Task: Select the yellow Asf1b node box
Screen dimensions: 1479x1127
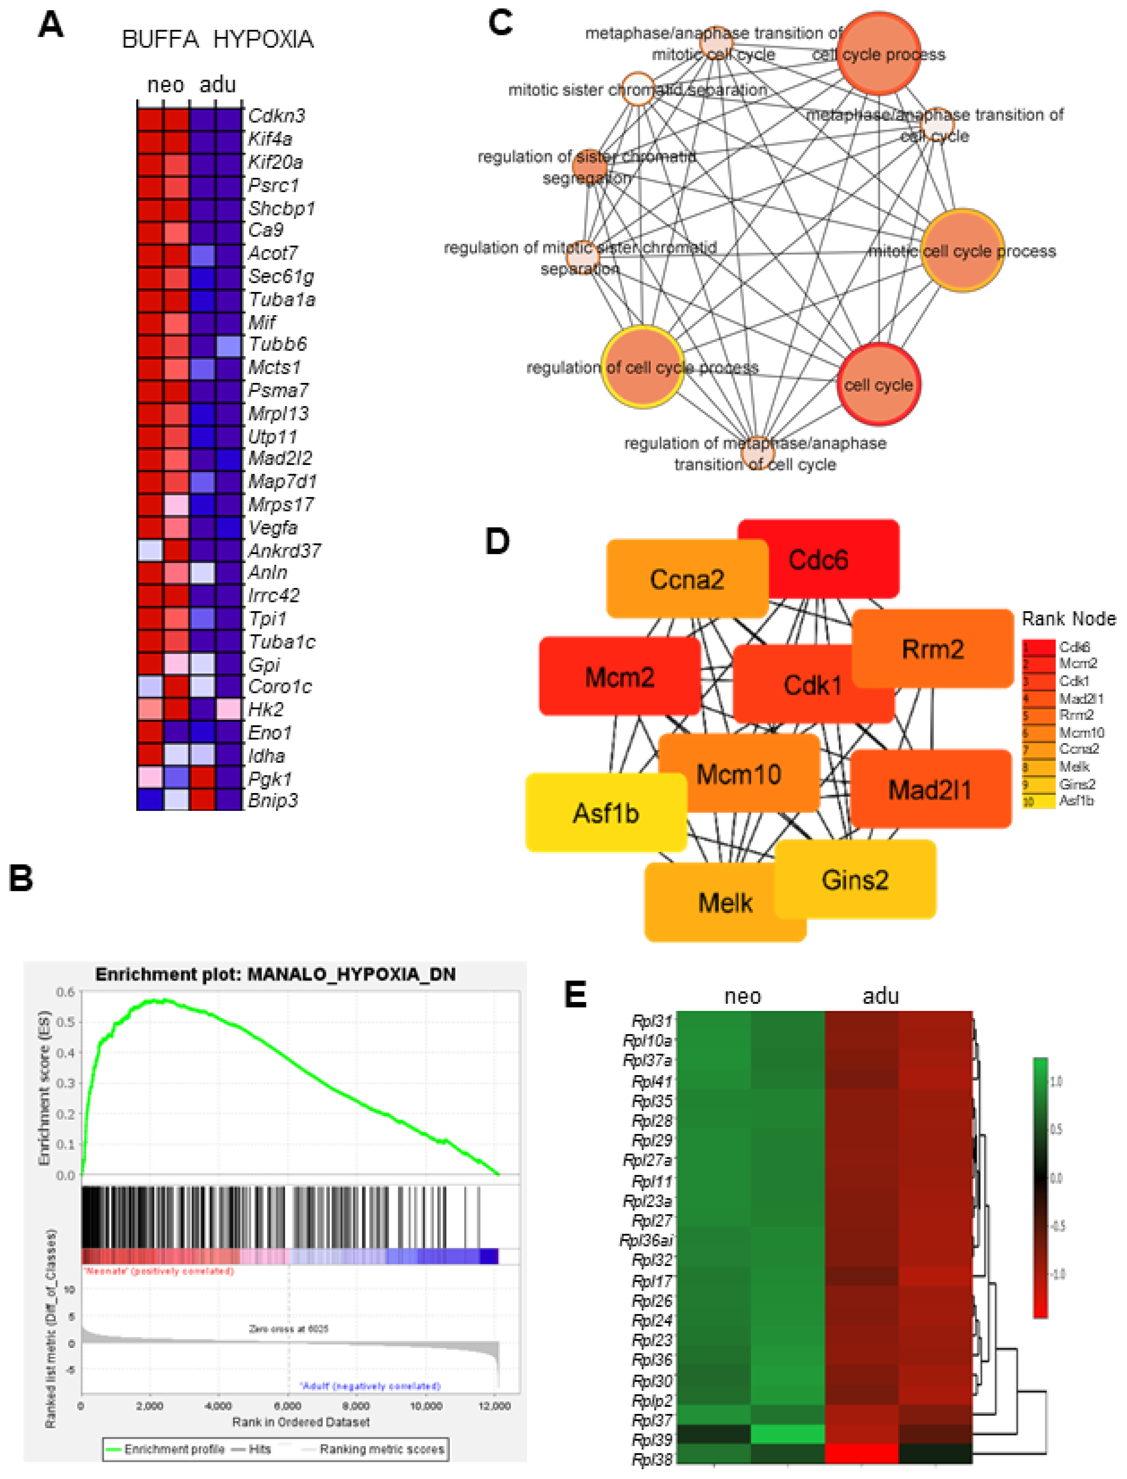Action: (606, 813)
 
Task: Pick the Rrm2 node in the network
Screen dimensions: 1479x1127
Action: (932, 649)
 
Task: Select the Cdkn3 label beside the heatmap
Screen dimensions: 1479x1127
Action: (276, 115)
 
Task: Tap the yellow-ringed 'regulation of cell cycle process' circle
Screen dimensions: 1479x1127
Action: (643, 367)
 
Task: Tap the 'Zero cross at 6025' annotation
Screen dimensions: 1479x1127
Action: (288, 1328)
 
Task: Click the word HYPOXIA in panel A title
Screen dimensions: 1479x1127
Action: (264, 40)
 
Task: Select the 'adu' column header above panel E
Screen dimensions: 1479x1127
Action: (880, 996)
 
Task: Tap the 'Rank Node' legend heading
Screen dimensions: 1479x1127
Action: (1068, 618)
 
